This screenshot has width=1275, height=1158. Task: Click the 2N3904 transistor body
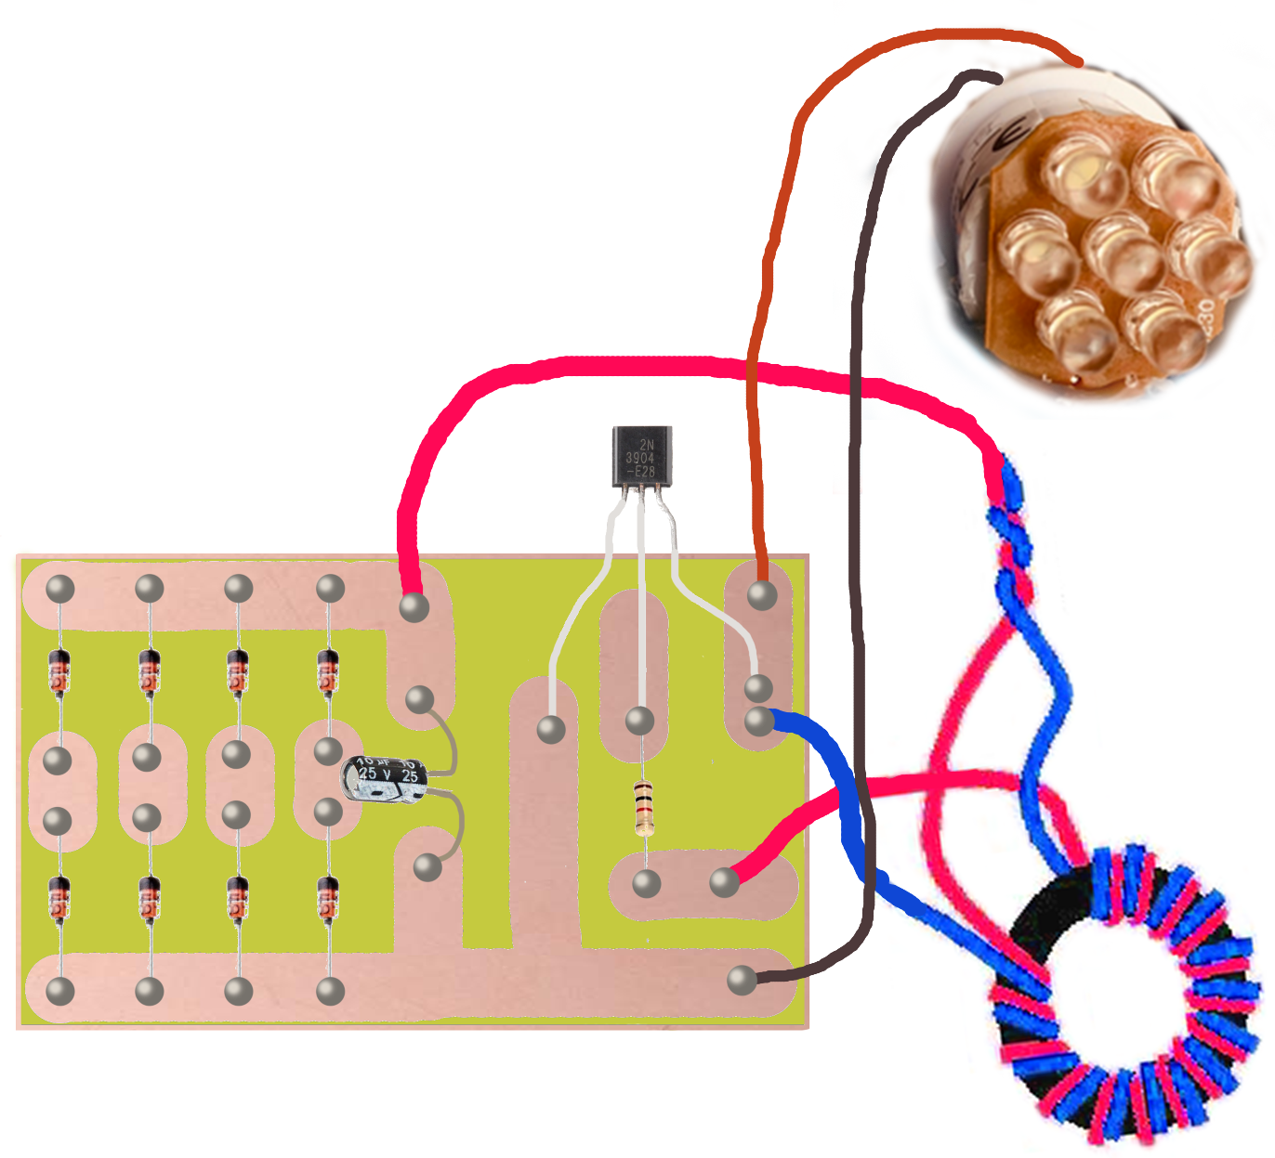point(641,457)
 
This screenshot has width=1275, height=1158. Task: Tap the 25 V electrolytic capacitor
point(385,778)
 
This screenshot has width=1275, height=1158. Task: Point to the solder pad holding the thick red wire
point(414,607)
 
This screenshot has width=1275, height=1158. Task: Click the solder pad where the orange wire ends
point(762,594)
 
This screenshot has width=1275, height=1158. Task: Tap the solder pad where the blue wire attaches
point(759,721)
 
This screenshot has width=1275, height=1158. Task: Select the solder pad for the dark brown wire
point(742,980)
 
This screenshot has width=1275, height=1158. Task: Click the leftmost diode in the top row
point(59,671)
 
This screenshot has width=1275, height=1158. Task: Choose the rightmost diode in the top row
point(328,670)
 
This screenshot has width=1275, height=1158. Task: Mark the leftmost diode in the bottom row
point(59,898)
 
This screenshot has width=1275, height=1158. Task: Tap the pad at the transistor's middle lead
point(639,721)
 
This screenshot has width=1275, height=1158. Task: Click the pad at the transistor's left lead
point(551,729)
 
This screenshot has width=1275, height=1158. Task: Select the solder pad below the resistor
point(646,883)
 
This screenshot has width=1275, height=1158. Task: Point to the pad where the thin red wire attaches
point(724,882)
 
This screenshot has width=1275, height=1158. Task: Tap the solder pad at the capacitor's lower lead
point(427,867)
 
